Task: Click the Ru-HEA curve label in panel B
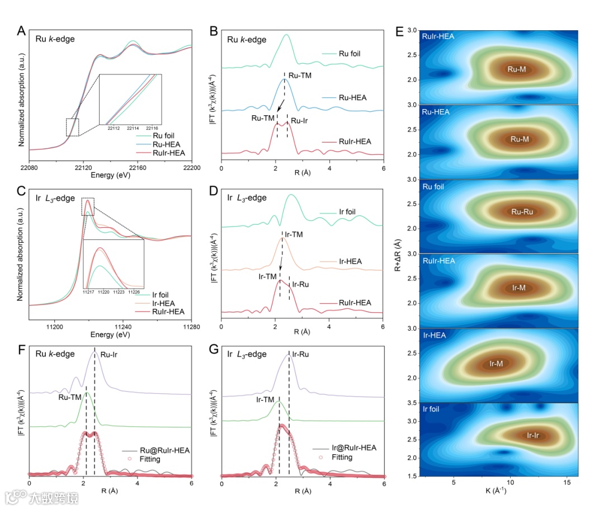coord(352,97)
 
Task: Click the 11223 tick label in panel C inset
coord(119,292)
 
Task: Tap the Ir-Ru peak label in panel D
coord(300,284)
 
